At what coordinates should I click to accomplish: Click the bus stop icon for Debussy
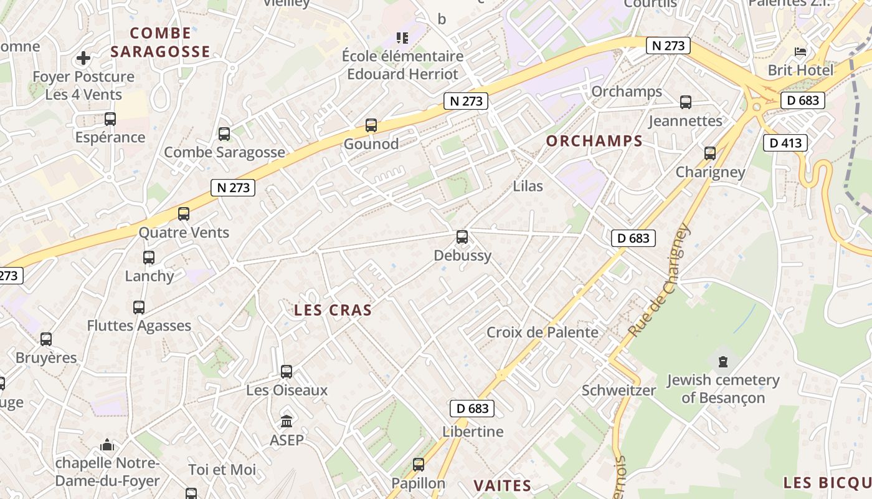462,237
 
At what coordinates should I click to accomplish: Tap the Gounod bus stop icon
371,125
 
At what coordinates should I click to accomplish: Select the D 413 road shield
785,143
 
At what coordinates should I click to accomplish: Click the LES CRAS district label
333,310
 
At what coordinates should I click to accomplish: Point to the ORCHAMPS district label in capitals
594,141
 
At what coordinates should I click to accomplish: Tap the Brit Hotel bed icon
800,52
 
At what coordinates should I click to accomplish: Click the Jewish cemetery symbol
723,361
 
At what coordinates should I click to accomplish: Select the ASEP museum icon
287,422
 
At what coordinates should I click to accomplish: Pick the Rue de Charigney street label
660,280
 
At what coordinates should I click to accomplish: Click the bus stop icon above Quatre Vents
184,214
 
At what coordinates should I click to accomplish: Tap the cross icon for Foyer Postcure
83,59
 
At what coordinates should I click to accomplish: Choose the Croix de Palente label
542,332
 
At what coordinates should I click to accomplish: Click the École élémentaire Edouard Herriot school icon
402,38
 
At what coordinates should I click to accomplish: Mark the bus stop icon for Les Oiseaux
287,372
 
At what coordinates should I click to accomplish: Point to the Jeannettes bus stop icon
686,102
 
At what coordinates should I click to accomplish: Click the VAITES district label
502,486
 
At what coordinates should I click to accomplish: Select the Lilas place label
528,186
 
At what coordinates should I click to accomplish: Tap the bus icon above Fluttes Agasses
139,308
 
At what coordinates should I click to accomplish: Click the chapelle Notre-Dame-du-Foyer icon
107,445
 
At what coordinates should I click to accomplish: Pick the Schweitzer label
618,390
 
